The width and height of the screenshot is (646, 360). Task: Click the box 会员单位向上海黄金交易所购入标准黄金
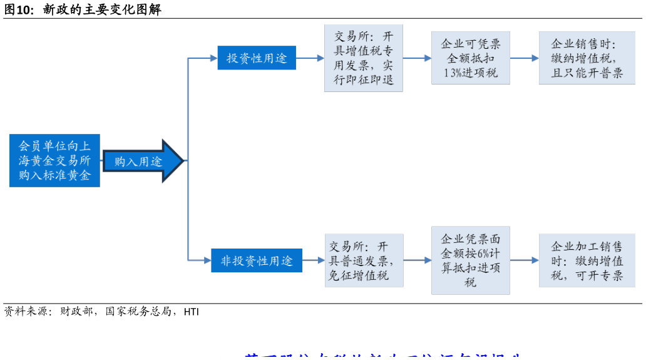[54, 160]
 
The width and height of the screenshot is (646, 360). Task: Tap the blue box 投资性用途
[257, 58]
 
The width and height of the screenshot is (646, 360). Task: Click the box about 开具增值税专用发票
[363, 58]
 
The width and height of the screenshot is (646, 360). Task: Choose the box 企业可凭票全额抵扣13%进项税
[470, 58]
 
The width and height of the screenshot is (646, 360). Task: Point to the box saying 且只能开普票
[587, 58]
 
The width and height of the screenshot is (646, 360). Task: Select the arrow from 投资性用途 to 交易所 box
[310, 58]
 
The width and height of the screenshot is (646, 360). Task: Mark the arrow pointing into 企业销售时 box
[525, 58]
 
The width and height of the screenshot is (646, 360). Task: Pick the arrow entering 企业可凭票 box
[417, 58]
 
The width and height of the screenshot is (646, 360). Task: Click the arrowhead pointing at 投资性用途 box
[213, 58]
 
